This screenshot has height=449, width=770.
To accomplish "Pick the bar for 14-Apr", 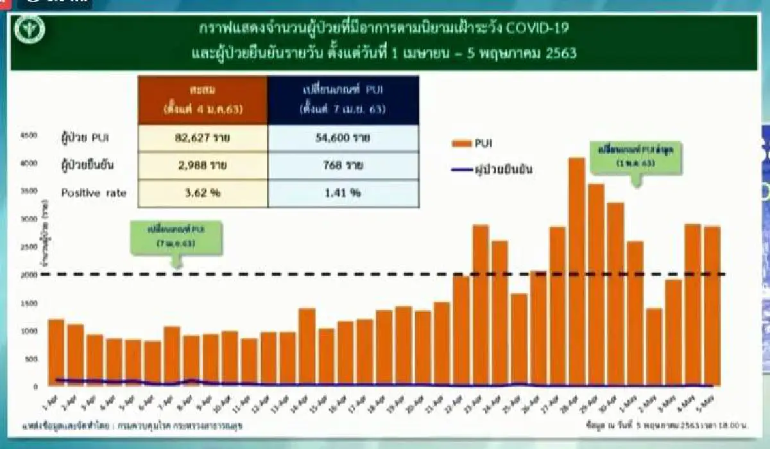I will coord(307,347).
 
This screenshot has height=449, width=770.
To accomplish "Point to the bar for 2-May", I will coord(653,347).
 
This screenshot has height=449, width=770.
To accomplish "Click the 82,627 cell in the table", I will coord(203,138).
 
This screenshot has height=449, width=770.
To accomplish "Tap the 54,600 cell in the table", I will coord(343,138).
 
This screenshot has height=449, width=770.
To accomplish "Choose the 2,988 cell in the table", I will coord(203,166).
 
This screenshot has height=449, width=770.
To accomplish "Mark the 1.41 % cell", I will coord(343,193).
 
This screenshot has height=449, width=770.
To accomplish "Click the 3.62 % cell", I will coord(203,193).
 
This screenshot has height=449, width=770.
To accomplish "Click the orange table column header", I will coord(203,100).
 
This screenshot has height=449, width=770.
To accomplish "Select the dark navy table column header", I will coord(343,100).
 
